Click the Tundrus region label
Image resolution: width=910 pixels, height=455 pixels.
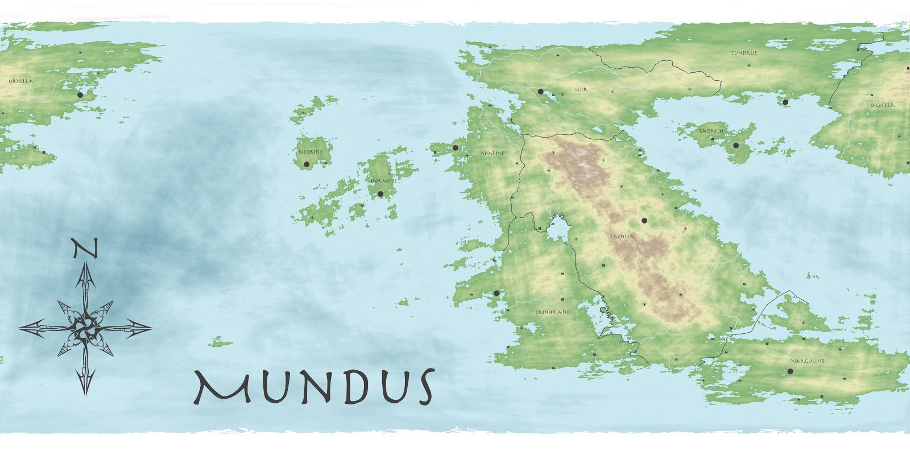[744, 53]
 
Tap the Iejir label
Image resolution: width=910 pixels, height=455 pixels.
[581, 89]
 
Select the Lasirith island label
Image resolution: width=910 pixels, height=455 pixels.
[712, 131]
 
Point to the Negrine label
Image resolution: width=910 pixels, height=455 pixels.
[311, 152]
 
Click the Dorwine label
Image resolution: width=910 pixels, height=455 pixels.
[384, 181]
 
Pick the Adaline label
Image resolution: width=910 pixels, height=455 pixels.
[493, 154]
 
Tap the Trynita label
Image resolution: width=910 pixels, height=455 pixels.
[622, 236]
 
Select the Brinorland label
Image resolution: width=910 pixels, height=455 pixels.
[552, 312]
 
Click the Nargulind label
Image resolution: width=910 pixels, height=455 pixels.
[808, 361]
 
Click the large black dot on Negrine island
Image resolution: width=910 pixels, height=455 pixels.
[307, 164]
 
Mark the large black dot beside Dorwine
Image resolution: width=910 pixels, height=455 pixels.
[380, 194]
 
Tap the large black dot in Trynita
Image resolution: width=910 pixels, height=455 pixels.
[644, 220]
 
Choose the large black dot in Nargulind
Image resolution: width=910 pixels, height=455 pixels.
[790, 371]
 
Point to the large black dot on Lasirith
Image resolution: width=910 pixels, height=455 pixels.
[736, 146]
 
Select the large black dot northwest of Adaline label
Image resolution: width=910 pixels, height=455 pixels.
[455, 147]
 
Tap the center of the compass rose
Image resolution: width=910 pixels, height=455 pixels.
[85, 327]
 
